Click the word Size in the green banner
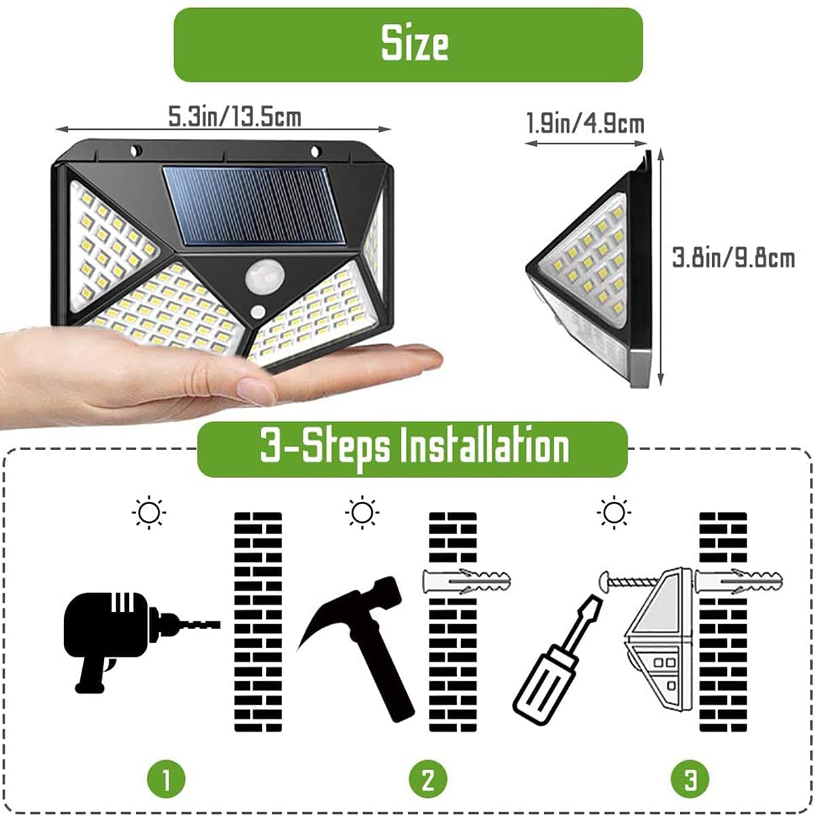(x=414, y=44)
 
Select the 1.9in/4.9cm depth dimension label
(x=585, y=124)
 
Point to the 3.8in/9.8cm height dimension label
(x=733, y=258)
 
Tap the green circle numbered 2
(x=428, y=779)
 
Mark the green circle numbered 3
(x=690, y=779)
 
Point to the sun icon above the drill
(x=149, y=512)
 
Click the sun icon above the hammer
(x=362, y=512)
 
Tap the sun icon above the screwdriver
(x=614, y=512)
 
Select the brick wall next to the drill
(x=258, y=622)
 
